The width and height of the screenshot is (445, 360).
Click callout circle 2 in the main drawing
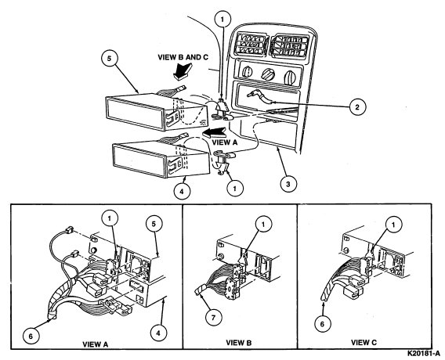coord(357,107)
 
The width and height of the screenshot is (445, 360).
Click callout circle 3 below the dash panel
coord(288,184)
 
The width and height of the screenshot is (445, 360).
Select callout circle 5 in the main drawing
coord(110,59)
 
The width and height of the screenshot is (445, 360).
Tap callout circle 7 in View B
coord(213,318)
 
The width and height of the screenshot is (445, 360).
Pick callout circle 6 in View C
coord(322,324)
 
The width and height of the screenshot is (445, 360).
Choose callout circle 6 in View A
coord(31,337)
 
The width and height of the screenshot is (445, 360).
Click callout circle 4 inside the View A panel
coord(158,333)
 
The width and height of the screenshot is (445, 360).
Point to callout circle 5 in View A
coord(154,225)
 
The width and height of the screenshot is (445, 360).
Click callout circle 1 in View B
coord(263,225)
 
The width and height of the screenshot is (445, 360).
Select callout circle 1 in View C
coord(393,225)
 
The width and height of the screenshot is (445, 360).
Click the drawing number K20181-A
coord(424,354)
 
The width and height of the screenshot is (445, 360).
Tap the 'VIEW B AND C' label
coord(183,57)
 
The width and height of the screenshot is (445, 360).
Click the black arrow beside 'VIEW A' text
coord(214,132)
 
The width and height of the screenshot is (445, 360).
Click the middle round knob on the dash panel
coord(268,74)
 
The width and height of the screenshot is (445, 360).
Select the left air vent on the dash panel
coord(251,45)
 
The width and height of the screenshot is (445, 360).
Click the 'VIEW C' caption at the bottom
coord(364,343)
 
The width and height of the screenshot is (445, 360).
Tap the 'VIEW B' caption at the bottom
coord(239,343)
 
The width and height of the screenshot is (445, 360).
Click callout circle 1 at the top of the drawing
coord(222,19)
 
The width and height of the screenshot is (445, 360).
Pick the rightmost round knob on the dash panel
coord(290,76)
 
